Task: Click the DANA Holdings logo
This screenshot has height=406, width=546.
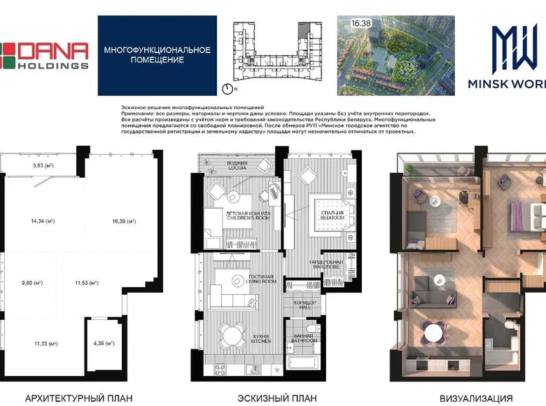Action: (x=45, y=55)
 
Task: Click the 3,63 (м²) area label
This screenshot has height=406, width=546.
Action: (x=43, y=166)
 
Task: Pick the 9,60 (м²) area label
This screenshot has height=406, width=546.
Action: (x=32, y=283)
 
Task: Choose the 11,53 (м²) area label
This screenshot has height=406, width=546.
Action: (x=87, y=283)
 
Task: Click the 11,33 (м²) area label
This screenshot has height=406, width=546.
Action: (x=45, y=344)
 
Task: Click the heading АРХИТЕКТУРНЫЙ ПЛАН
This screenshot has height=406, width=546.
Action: (x=78, y=398)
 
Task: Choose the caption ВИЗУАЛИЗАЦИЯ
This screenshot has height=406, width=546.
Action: (x=471, y=398)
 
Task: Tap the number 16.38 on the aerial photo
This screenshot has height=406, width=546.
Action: (x=361, y=23)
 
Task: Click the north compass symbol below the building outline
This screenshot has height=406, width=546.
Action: (x=227, y=89)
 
